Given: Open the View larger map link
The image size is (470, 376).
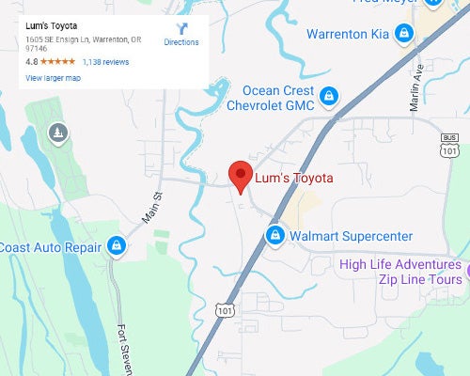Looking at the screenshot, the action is [x=53, y=78].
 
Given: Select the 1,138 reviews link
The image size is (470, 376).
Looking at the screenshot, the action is [x=105, y=61].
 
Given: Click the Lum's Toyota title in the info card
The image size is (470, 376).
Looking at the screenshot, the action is [x=52, y=25].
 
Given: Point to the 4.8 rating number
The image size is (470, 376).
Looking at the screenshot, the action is [x=31, y=61].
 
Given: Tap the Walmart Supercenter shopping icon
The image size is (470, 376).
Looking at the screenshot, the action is [x=275, y=234].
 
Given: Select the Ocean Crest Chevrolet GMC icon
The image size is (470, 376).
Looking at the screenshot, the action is [x=329, y=95].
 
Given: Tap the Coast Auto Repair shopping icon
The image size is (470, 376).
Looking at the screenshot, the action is [x=116, y=246].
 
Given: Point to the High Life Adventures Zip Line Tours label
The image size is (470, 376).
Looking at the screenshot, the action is [x=401, y=272].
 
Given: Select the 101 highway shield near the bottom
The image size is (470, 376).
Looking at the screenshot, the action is [x=223, y=308].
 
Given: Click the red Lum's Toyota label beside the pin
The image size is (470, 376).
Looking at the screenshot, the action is [x=295, y=177].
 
